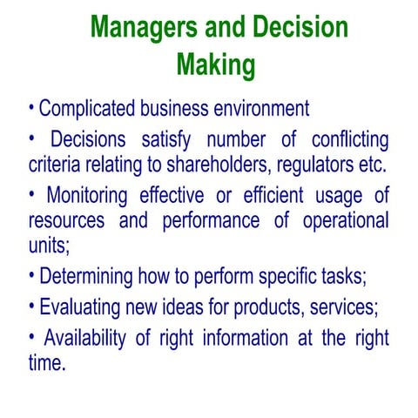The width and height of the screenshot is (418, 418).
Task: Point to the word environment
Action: (x=260, y=110)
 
